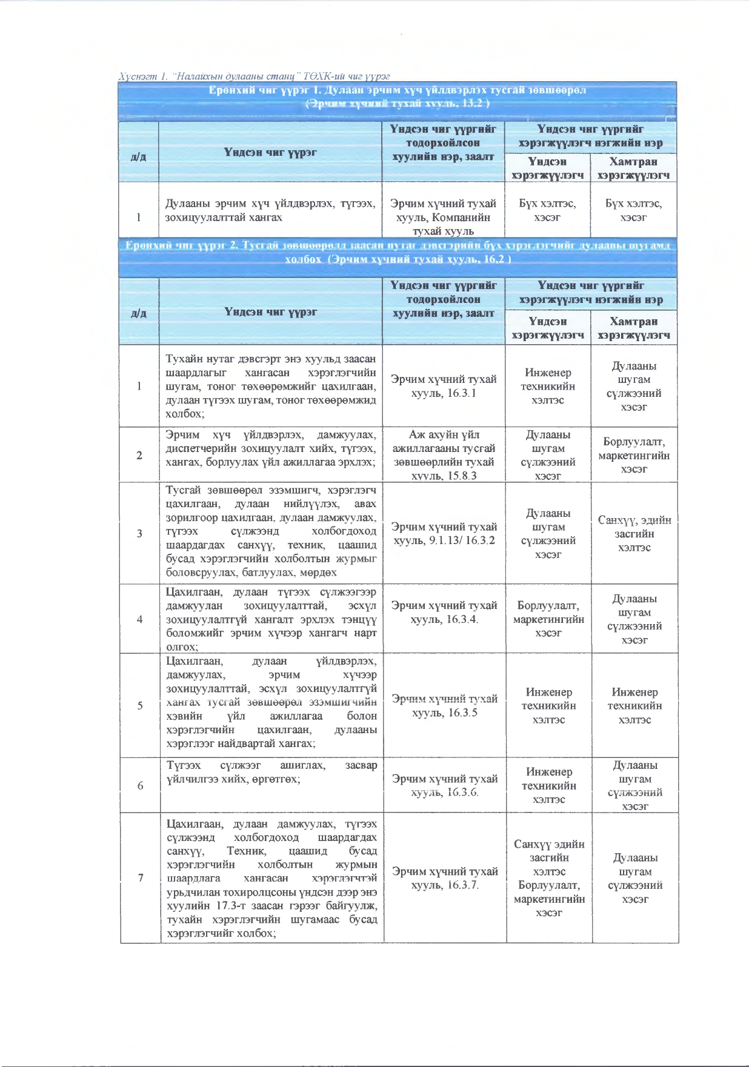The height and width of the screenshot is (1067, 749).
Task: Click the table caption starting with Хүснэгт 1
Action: click(x=254, y=76)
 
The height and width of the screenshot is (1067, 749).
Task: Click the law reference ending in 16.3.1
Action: click(x=444, y=386)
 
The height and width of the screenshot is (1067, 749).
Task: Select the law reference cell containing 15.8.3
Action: click(x=444, y=455)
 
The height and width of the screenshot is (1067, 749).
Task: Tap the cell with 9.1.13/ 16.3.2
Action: click(x=444, y=533)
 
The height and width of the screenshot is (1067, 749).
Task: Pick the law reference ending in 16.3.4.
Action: click(x=444, y=612)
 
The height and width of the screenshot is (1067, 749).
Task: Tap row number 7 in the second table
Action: click(x=141, y=877)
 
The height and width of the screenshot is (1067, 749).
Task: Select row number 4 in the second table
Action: click(x=140, y=619)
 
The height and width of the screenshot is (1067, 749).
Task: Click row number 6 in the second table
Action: click(x=141, y=785)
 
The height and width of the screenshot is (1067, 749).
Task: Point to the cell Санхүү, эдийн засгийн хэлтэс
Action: click(x=634, y=533)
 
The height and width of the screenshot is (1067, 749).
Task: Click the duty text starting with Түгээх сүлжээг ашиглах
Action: click(x=271, y=772)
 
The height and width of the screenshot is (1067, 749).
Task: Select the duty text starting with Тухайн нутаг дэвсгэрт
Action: click(x=271, y=386)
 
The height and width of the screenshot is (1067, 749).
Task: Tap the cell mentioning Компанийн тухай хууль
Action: click(x=444, y=217)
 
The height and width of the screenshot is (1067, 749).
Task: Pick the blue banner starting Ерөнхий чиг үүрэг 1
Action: click(x=398, y=96)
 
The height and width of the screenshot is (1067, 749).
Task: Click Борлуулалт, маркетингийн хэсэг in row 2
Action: click(x=634, y=455)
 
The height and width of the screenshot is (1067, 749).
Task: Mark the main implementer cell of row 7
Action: click(x=549, y=878)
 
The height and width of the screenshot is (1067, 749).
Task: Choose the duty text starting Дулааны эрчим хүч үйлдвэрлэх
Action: click(x=270, y=210)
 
